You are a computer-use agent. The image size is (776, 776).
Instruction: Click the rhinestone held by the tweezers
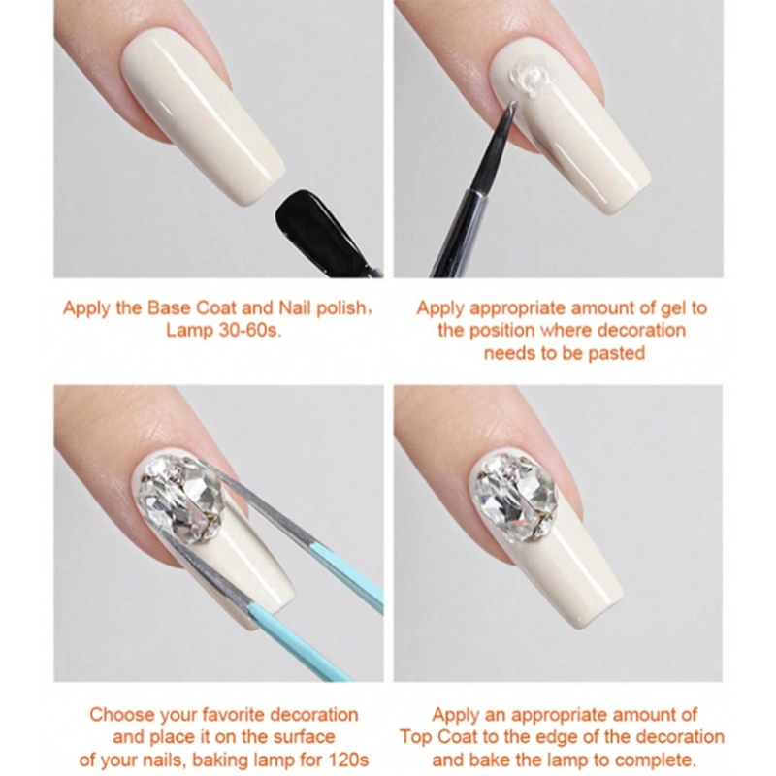click(x=180, y=500)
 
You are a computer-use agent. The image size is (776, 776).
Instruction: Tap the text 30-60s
click(x=250, y=331)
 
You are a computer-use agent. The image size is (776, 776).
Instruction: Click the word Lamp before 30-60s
click(x=189, y=331)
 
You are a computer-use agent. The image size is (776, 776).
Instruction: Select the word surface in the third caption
click(x=305, y=737)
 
